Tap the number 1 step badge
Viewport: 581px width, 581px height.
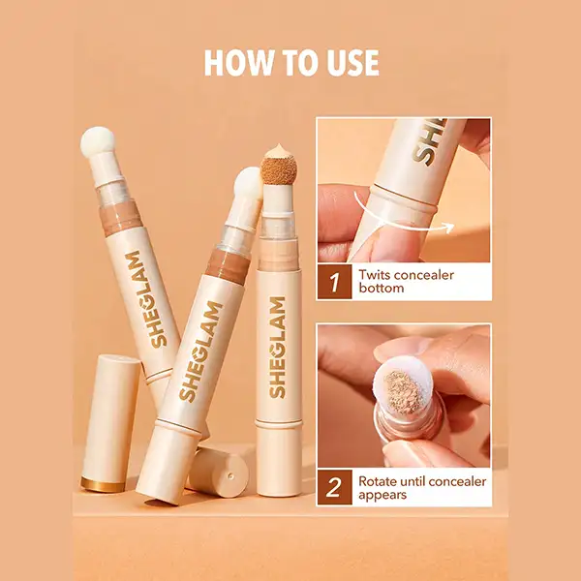point(335,283)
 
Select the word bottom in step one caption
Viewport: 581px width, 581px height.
point(381,289)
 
